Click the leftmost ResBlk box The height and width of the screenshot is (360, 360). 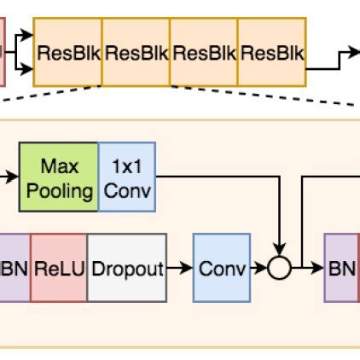pos(67,54)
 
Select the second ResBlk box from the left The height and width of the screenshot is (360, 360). pos(136,54)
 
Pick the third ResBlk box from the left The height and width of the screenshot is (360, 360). pos(204,54)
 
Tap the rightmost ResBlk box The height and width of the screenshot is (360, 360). pos(271,54)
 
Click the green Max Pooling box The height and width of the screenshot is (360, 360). pos(59,177)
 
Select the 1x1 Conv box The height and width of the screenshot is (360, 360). pos(128,177)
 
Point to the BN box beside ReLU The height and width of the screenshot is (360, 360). pos(14,269)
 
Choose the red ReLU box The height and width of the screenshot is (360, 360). pos(58,269)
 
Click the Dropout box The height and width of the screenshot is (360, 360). pos(126,269)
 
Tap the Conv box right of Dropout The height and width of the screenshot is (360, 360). pos(221,269)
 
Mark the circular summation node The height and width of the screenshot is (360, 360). pos(280,269)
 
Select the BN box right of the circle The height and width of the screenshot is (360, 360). pos(341,269)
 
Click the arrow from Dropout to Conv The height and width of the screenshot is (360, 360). pos(179,269)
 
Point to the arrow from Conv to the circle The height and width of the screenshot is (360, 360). pos(258,269)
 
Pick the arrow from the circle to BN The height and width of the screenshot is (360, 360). pos(307,269)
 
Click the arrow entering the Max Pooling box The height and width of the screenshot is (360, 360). pos(9,177)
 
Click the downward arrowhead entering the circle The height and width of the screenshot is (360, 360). pos(280,251)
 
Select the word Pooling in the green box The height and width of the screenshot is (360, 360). pos(59,190)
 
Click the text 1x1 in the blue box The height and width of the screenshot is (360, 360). pos(128,165)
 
